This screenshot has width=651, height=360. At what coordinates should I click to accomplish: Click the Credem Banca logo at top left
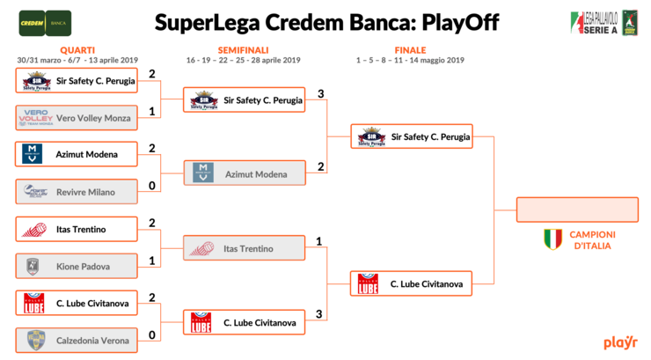pyautogui.click(x=45, y=23)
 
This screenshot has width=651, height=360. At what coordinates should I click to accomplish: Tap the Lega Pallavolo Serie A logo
pyautogui.click(x=604, y=23)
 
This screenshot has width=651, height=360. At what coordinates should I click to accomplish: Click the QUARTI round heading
pyautogui.click(x=77, y=50)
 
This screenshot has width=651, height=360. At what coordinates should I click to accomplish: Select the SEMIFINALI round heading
pyautogui.click(x=244, y=50)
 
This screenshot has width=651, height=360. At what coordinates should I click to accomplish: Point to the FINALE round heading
pyautogui.click(x=410, y=50)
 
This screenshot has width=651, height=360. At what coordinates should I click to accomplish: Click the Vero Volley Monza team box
pyautogui.click(x=77, y=118)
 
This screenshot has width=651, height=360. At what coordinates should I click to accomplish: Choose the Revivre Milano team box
pyautogui.click(x=77, y=192)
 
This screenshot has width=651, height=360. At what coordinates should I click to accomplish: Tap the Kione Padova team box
pyautogui.click(x=77, y=266)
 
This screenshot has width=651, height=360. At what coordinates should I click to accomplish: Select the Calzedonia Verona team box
pyautogui.click(x=77, y=341)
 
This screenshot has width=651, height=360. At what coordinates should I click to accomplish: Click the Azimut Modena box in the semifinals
pyautogui.click(x=245, y=173)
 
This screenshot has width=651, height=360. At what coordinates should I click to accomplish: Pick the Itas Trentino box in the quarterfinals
pyautogui.click(x=77, y=229)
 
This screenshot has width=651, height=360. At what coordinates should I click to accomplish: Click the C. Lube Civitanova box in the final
pyautogui.click(x=411, y=283)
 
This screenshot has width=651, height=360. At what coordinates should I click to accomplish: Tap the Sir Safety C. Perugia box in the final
pyautogui.click(x=412, y=136)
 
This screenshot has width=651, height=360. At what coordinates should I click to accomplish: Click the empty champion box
pyautogui.click(x=577, y=209)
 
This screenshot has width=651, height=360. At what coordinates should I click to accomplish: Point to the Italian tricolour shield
pyautogui.click(x=553, y=239)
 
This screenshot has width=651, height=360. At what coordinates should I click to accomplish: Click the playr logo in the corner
pyautogui.click(x=620, y=342)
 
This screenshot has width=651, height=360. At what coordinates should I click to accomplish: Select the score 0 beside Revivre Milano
pyautogui.click(x=152, y=186)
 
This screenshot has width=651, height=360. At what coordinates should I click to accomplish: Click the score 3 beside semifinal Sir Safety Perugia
pyautogui.click(x=320, y=94)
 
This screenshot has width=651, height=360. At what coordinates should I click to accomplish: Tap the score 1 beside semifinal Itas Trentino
pyautogui.click(x=318, y=241)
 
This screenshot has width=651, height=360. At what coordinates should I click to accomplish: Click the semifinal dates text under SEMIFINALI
pyautogui.click(x=244, y=60)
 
